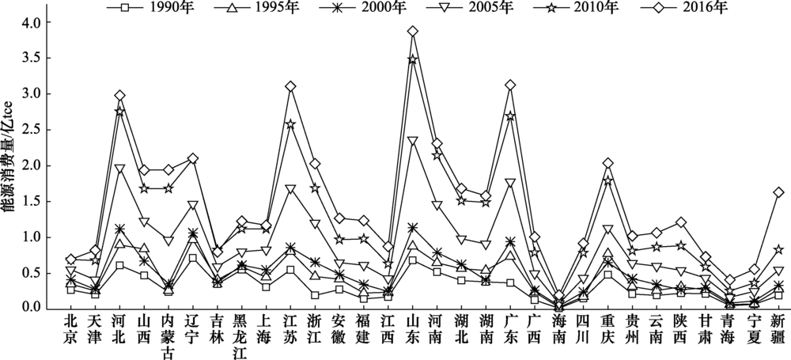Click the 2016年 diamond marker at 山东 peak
point(412,32)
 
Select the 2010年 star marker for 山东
point(412,59)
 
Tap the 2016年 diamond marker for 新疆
point(778,192)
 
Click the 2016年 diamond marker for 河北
point(119,96)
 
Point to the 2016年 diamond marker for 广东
point(510,85)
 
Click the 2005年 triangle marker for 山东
point(412,141)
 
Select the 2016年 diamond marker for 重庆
point(607,163)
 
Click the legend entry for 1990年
point(142,9)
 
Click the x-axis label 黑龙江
point(241,335)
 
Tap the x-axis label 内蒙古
point(168,335)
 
